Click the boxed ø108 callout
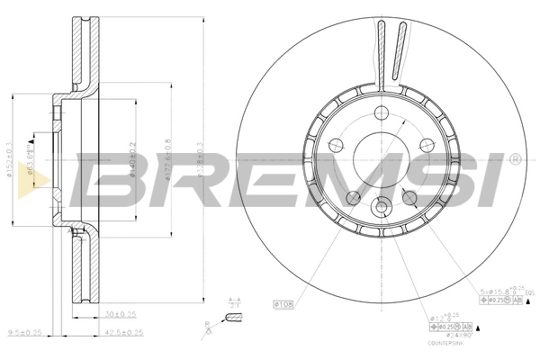click(283, 304)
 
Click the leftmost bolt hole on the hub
click(336, 145)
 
